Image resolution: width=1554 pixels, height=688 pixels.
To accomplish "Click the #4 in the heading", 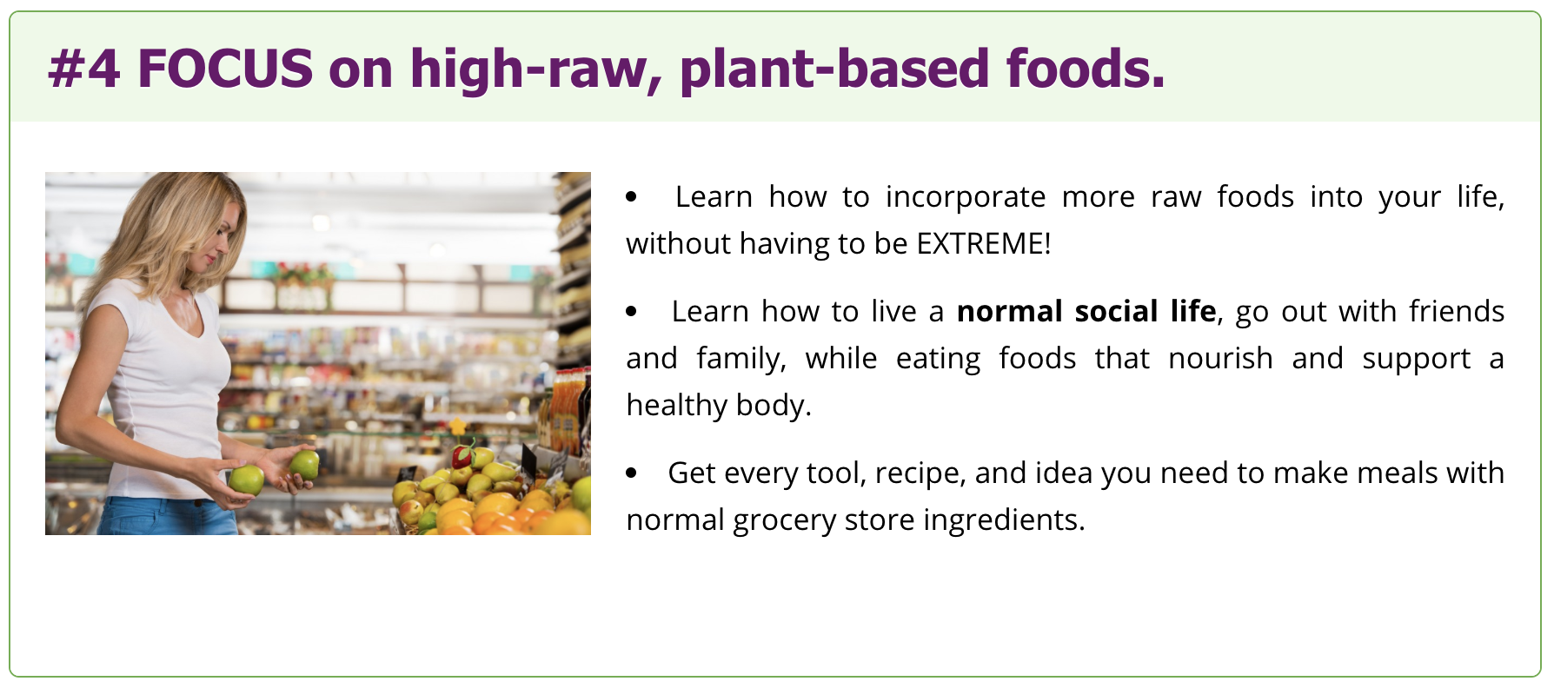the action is coord(84,69).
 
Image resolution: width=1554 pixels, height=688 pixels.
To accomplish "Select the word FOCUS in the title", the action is coord(225,69).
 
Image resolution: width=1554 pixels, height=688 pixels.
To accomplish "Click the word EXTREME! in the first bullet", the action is coord(984,243).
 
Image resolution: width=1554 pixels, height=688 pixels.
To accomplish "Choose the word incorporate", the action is coord(966,198).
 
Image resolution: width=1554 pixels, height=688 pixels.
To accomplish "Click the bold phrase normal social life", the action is coord(1086,311).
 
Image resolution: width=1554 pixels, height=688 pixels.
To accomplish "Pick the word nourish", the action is coord(1220,358).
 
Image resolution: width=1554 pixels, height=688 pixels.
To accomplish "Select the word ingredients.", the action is coord(1004,520).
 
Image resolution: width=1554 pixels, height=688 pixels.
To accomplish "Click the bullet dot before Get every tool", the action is coord(632,473).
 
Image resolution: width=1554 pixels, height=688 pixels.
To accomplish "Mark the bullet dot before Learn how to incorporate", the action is coord(632,197).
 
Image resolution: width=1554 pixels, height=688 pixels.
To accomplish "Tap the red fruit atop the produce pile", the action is coord(463,454).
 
